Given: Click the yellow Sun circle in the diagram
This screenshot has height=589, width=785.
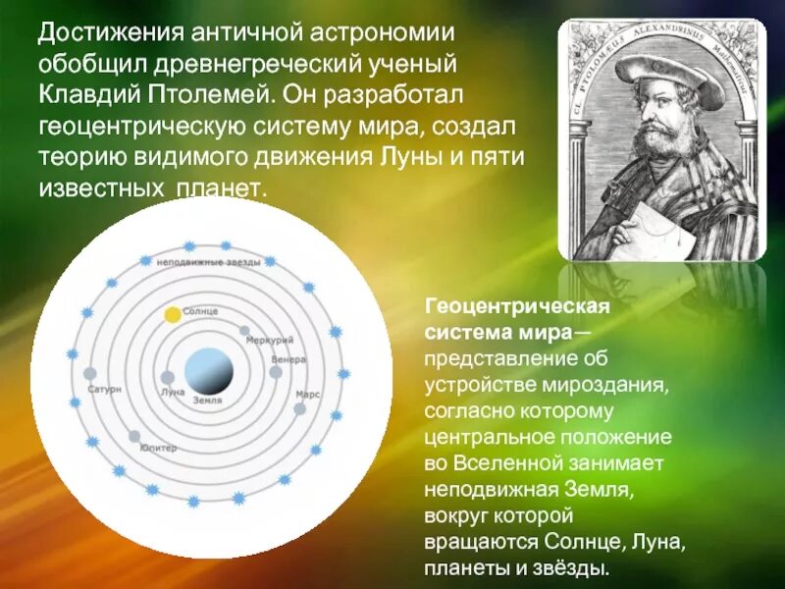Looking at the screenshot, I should click(x=173, y=315).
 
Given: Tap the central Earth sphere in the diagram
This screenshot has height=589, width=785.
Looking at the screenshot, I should click(x=210, y=371).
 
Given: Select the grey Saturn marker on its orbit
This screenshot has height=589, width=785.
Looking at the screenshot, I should click(x=90, y=374).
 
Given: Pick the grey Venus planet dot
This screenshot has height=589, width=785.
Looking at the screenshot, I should click(x=276, y=372).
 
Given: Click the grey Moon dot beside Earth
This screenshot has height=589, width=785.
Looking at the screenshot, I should click(x=168, y=377).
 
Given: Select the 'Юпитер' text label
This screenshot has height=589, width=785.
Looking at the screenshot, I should click(x=158, y=448).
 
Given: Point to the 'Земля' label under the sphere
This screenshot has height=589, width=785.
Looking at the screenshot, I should click(x=207, y=401).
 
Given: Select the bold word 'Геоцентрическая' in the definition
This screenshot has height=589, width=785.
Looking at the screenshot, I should click(x=518, y=307).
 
